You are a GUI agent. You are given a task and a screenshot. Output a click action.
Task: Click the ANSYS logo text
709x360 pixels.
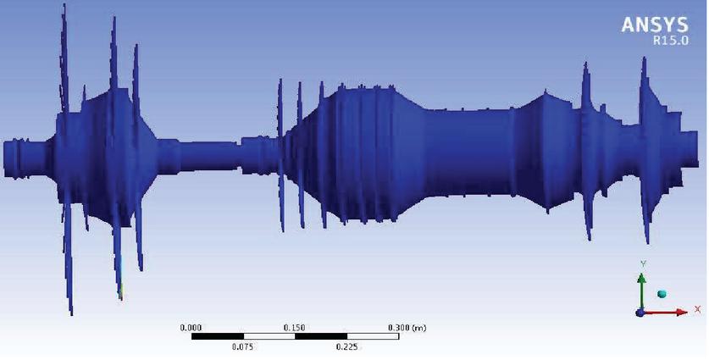[x=655, y=25]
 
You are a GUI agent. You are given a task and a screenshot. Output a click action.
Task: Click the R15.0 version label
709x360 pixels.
[x=671, y=41]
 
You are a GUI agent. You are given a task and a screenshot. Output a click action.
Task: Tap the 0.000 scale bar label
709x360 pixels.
[x=191, y=328]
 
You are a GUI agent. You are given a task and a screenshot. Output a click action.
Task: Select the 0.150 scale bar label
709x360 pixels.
[x=296, y=328]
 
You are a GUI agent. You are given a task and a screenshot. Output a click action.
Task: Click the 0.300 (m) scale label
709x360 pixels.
[x=407, y=328]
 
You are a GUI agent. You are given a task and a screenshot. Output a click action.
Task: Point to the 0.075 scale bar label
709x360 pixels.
[x=243, y=347]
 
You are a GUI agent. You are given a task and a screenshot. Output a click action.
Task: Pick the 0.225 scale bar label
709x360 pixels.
[x=347, y=347]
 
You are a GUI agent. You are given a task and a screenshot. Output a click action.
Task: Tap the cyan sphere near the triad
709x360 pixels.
[x=662, y=294]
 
